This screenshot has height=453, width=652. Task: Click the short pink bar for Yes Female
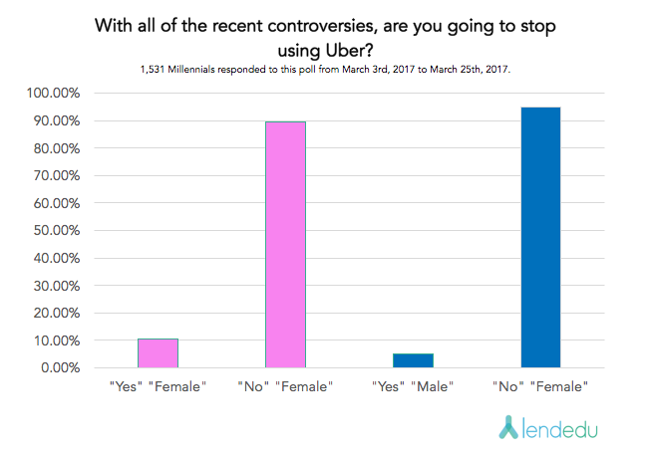point(158,353)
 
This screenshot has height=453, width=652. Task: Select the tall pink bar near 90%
point(285,245)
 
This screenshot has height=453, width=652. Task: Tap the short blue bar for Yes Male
point(413,360)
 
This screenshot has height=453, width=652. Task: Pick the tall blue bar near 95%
point(540,238)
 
